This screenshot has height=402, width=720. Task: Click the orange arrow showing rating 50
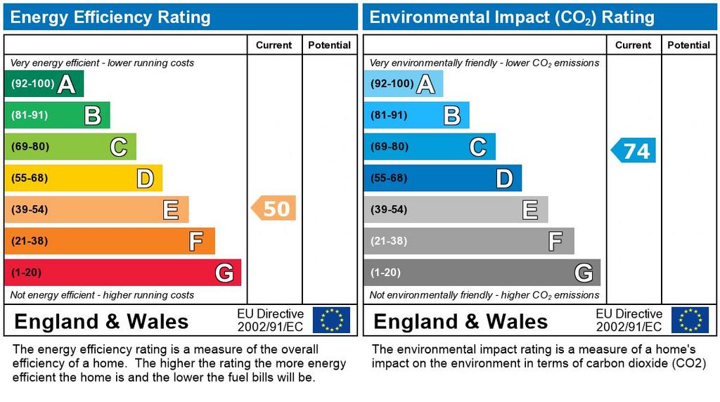(274, 209)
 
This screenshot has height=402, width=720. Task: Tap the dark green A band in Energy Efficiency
(44, 84)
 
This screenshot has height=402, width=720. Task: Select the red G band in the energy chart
(122, 273)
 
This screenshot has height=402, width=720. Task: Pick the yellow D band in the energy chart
(83, 178)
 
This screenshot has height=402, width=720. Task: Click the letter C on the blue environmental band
(477, 147)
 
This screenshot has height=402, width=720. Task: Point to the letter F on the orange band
(196, 242)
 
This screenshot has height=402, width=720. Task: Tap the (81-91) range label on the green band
(30, 115)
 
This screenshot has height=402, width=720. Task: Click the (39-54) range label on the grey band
(389, 209)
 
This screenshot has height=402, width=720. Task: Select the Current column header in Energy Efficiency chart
(274, 45)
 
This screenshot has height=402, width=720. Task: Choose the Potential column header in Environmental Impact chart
(688, 45)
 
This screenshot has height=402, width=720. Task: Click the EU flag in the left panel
(331, 320)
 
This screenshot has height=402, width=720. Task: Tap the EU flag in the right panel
(690, 320)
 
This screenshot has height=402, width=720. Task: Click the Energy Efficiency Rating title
(110, 17)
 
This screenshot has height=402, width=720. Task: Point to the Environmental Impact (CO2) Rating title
(512, 17)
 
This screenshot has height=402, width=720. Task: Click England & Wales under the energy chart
(101, 322)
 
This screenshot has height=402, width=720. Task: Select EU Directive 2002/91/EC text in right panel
(629, 320)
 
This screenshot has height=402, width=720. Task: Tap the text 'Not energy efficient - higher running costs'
(102, 295)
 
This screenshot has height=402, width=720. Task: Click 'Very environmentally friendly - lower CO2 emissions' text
(484, 63)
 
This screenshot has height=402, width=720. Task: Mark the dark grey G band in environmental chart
(482, 273)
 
